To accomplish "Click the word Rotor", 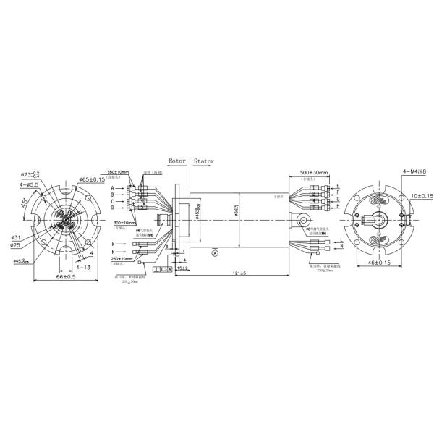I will click(177, 162).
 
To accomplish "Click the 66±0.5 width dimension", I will click(64, 278).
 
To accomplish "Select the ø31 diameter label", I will click(15, 237).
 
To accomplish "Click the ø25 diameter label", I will click(15, 244).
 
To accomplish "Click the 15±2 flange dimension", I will click(182, 268).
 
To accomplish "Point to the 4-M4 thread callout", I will click(414, 171).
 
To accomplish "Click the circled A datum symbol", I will click(214, 252).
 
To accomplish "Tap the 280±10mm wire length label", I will click(118, 173).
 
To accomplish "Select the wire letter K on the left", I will click(113, 244).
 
